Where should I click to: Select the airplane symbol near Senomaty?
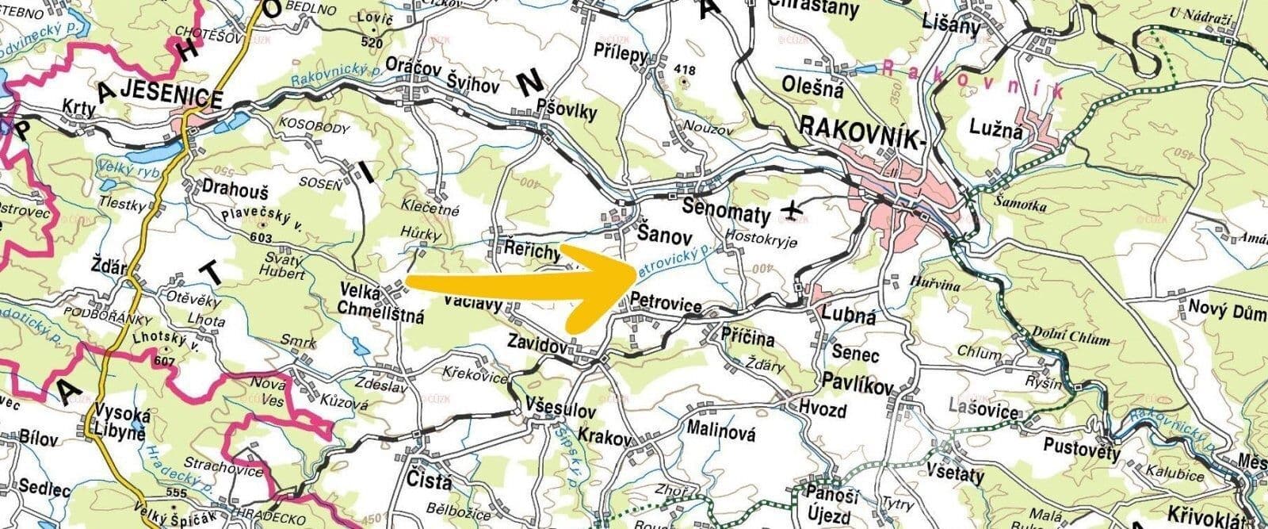790,209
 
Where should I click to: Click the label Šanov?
665,236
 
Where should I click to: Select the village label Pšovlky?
566,112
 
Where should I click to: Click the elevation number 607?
166,361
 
